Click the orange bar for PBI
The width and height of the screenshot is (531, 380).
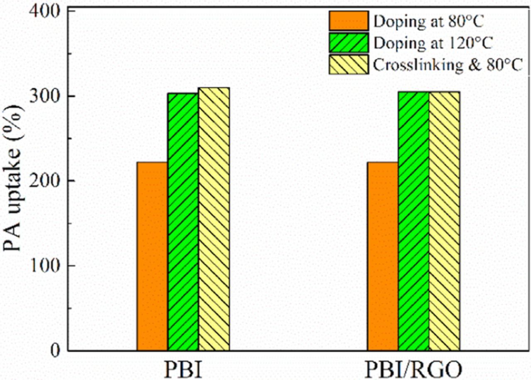(152, 256)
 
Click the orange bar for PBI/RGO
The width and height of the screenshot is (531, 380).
(382, 256)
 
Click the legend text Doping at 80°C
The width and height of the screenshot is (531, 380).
(429, 21)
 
